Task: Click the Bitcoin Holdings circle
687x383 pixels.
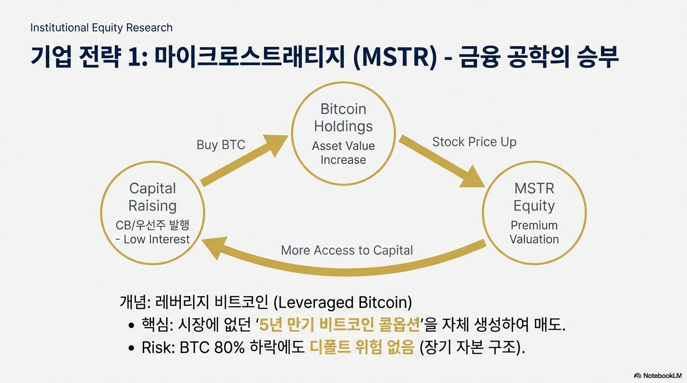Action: (343, 134)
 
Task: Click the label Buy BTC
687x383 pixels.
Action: (221, 145)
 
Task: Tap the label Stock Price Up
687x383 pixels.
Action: (474, 142)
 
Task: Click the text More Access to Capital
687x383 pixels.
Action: (346, 250)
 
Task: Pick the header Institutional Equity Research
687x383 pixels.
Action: (101, 27)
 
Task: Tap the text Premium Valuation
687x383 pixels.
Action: (534, 232)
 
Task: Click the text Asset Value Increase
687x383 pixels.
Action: (343, 153)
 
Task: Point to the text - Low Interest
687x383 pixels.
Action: (152, 239)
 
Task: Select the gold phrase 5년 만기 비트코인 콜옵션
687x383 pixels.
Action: (339, 326)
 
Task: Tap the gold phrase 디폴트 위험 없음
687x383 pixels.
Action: (362, 348)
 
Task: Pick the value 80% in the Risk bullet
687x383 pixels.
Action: (229, 348)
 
